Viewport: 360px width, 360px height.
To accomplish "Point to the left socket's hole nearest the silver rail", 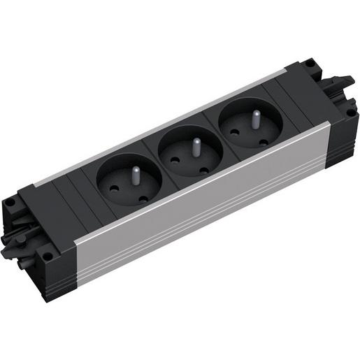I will tap(143, 199).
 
